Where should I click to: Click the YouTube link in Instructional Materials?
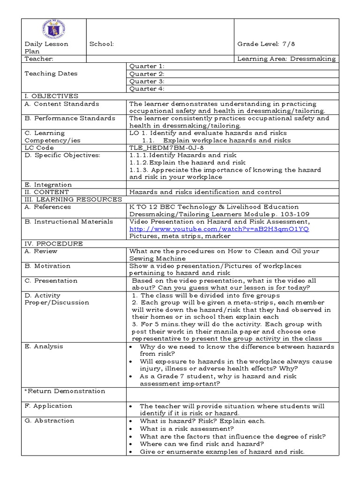(x=219, y=229)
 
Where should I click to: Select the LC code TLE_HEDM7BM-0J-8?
(x=160, y=148)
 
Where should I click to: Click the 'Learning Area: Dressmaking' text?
(x=286, y=59)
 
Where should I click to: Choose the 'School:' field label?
(x=102, y=44)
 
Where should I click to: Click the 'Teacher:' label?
(x=39, y=59)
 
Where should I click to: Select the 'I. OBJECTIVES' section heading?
(x=52, y=96)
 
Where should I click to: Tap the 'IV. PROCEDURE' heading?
(x=54, y=243)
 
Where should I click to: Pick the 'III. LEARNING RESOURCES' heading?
(x=73, y=199)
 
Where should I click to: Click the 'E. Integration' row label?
(x=48, y=185)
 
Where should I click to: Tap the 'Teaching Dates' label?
(x=51, y=74)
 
